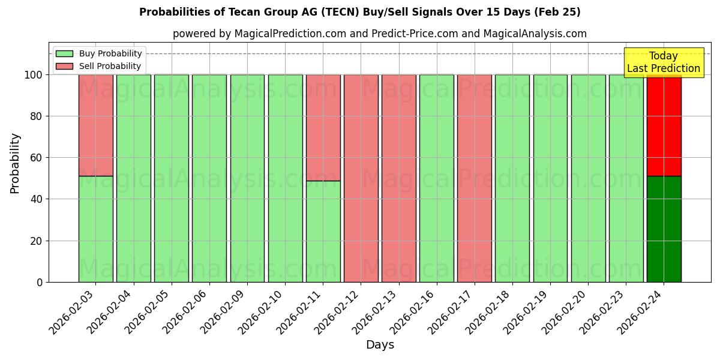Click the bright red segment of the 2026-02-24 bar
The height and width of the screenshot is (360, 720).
[x=664, y=126]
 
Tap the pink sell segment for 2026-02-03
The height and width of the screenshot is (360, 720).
[x=95, y=125]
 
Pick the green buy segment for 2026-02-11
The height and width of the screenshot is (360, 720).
[x=323, y=232]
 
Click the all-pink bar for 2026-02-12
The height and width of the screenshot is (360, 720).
[x=361, y=178]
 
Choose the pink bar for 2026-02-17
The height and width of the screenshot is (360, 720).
[x=475, y=178]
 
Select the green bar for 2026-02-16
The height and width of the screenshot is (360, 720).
[x=437, y=178]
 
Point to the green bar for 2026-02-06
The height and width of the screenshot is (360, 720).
[x=209, y=178]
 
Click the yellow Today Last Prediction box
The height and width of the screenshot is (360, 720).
[x=663, y=62]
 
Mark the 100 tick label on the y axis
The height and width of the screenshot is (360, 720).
[x=33, y=75]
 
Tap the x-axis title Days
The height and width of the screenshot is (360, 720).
[x=380, y=345]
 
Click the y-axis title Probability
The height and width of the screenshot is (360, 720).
[x=15, y=163]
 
